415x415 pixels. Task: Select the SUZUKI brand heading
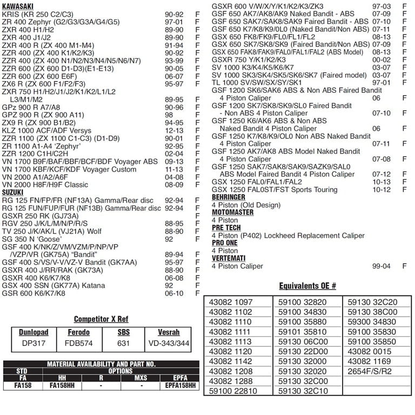pos(13,192)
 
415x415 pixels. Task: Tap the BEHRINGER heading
pos(228,197)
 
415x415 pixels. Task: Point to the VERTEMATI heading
pos(228,258)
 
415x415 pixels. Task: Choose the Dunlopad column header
pos(34,332)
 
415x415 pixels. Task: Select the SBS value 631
pos(123,343)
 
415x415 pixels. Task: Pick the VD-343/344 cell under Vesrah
pos(169,343)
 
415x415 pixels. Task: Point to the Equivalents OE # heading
pos(307,286)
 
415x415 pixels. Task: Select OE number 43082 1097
pos(230,302)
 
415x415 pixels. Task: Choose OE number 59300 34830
pos(372,322)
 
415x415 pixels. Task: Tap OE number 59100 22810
pos(233,391)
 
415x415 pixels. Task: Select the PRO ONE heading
pos(225,243)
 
